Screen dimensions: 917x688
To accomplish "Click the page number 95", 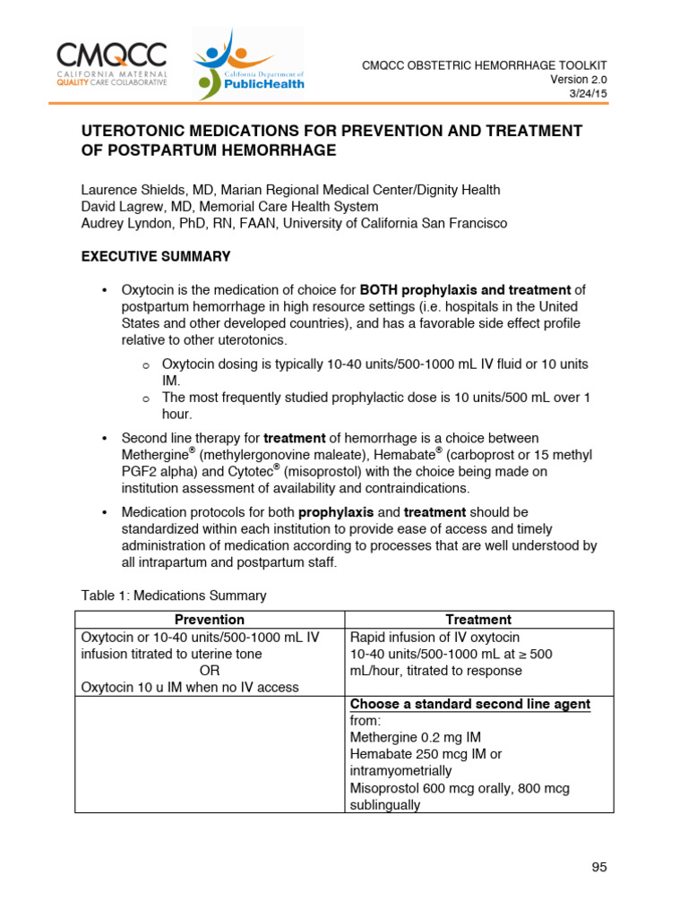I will [599, 866].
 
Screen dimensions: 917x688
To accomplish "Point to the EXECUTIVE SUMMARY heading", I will [156, 256].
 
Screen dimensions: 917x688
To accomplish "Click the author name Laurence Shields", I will [132, 190].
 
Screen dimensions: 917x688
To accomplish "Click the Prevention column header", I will [210, 620].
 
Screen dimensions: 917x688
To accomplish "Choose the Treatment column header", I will [479, 620].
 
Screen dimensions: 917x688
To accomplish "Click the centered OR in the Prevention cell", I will [210, 671].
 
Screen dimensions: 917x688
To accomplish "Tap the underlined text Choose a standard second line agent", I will [469, 705].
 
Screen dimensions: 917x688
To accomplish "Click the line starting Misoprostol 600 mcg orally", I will [459, 788].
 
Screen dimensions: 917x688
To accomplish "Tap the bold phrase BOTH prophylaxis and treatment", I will [465, 289].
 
